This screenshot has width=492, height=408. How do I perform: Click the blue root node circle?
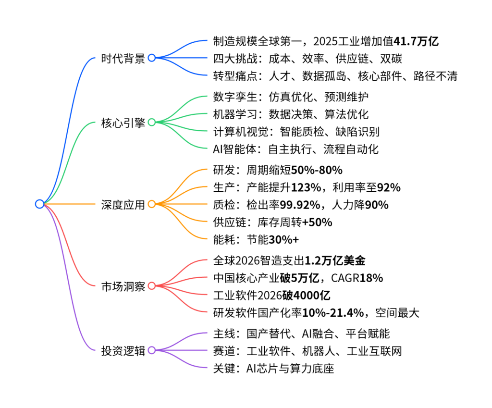tap(39, 204)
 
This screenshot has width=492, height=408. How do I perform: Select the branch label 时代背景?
tap(123, 59)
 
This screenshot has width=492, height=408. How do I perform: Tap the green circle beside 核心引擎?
tap(151, 123)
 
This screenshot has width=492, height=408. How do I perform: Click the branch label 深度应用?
tap(123, 205)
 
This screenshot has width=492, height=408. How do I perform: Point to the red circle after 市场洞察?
tap(151, 286)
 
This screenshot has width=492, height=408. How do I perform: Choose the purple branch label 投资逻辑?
tap(123, 351)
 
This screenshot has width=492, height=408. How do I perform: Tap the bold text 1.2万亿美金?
tap(335, 261)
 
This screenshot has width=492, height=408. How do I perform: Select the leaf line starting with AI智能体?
tap(295, 149)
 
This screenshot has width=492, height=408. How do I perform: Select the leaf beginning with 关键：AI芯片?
tap(273, 369)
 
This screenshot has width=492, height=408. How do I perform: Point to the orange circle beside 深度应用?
tap(151, 204)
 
